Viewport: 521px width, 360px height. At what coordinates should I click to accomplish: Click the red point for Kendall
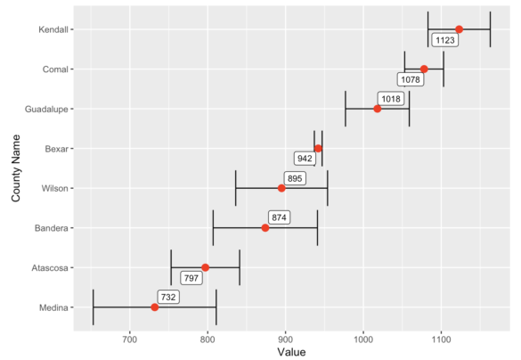tap(459, 29)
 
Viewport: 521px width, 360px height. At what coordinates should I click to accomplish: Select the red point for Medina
tap(155, 307)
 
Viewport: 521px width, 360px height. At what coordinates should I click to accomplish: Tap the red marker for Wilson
tap(281, 188)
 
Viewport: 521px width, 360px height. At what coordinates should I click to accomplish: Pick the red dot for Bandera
tap(265, 228)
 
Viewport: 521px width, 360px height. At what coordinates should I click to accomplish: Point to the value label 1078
tap(411, 79)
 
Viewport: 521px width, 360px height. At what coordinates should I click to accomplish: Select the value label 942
tap(305, 159)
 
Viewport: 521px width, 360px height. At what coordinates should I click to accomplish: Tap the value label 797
tap(191, 278)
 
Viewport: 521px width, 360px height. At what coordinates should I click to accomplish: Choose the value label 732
tap(169, 297)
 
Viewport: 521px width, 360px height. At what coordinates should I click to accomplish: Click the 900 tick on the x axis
tap(286, 340)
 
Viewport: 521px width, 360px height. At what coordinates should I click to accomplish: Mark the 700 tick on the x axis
tap(130, 340)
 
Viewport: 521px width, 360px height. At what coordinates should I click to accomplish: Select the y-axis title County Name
tap(15, 168)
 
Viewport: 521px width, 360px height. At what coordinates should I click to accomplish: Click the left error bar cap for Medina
tap(94, 307)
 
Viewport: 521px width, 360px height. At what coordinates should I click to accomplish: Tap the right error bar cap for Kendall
tap(490, 29)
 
